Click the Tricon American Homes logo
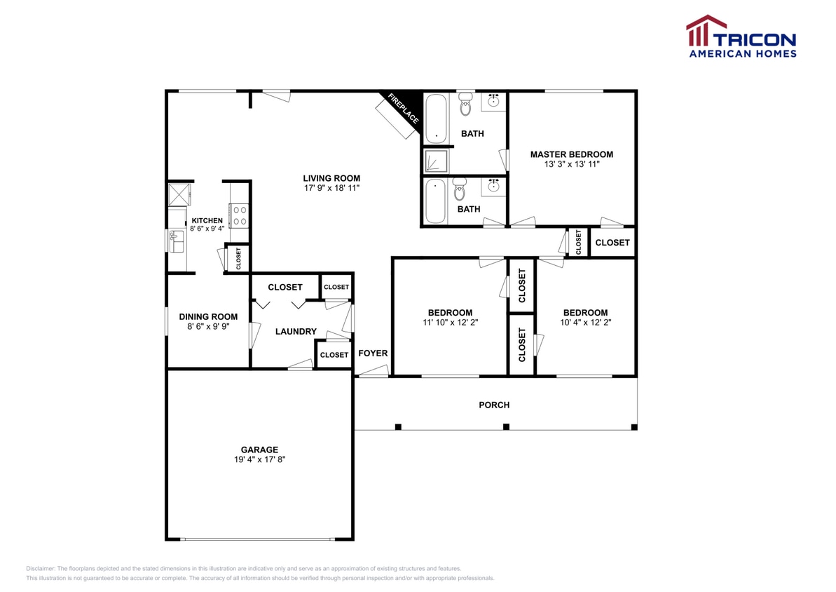(741, 36)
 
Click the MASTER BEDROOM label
(571, 154)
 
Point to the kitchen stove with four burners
(239, 215)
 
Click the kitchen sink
(176, 241)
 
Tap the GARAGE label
(259, 450)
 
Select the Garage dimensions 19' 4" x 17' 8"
(259, 459)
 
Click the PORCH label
(494, 405)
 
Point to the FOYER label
(373, 353)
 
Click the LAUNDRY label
(296, 331)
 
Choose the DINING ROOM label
(208, 316)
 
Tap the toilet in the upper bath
(466, 106)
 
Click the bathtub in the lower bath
(435, 201)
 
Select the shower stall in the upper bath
(435, 161)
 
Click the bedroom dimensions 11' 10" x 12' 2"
(450, 323)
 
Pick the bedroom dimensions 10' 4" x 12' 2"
(585, 323)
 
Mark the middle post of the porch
(506, 426)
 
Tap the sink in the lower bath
(495, 187)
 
